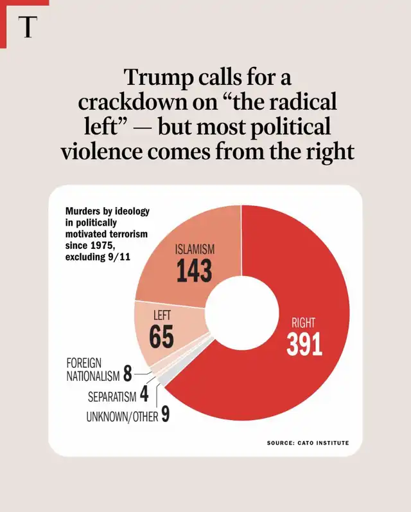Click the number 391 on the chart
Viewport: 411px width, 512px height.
click(304, 345)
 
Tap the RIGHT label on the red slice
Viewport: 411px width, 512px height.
click(304, 323)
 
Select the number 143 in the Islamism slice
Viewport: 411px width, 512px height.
click(194, 271)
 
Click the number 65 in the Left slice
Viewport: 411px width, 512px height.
click(161, 337)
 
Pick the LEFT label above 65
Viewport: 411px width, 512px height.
click(162, 316)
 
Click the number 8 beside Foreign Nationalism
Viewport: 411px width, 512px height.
click(127, 373)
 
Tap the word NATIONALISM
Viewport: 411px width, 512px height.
click(94, 376)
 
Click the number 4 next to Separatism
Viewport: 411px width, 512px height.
click(143, 394)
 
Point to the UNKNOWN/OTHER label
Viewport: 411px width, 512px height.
click(122, 417)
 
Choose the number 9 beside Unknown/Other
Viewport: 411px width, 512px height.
click(166, 415)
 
